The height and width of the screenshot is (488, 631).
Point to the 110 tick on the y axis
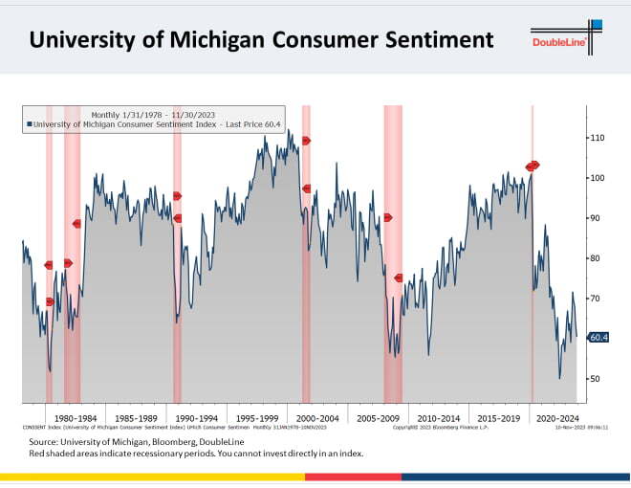599,138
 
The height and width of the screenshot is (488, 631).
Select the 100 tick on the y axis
599,178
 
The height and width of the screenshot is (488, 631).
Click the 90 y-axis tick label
598,218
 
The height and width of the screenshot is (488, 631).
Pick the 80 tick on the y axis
598,258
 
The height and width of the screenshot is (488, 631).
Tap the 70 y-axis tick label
598,299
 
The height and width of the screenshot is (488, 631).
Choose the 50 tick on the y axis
598,379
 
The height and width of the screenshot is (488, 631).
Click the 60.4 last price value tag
598,338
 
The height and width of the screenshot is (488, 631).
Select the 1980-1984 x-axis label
75,418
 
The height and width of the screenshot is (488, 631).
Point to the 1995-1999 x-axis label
257,418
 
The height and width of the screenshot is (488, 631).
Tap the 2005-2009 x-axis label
378,418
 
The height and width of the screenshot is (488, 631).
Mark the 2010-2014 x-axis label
439,418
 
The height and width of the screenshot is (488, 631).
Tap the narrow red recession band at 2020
532,287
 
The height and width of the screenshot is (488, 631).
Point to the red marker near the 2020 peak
533,166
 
